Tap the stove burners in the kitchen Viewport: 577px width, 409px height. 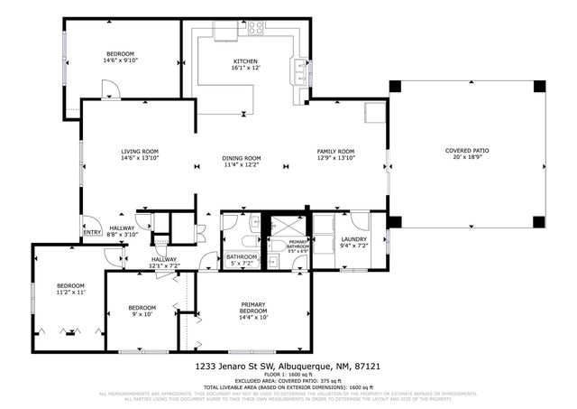pyautogui.click(x=254, y=27)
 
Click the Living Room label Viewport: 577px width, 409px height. pyautogui.click(x=140, y=151)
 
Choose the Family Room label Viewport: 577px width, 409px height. pyautogui.click(x=334, y=151)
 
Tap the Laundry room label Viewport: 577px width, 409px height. pyautogui.click(x=353, y=239)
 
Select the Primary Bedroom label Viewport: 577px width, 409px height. pyautogui.click(x=253, y=305)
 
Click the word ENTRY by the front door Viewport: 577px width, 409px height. pyautogui.click(x=92, y=232)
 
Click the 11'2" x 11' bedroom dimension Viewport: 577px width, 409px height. pyautogui.click(x=69, y=293)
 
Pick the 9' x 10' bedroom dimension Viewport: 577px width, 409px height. pyautogui.click(x=142, y=314)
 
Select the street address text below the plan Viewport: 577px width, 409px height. pyautogui.click(x=288, y=367)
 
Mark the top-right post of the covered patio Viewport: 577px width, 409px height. pyautogui.click(x=539, y=87)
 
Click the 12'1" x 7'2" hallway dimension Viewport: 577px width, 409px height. pyautogui.click(x=164, y=265)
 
